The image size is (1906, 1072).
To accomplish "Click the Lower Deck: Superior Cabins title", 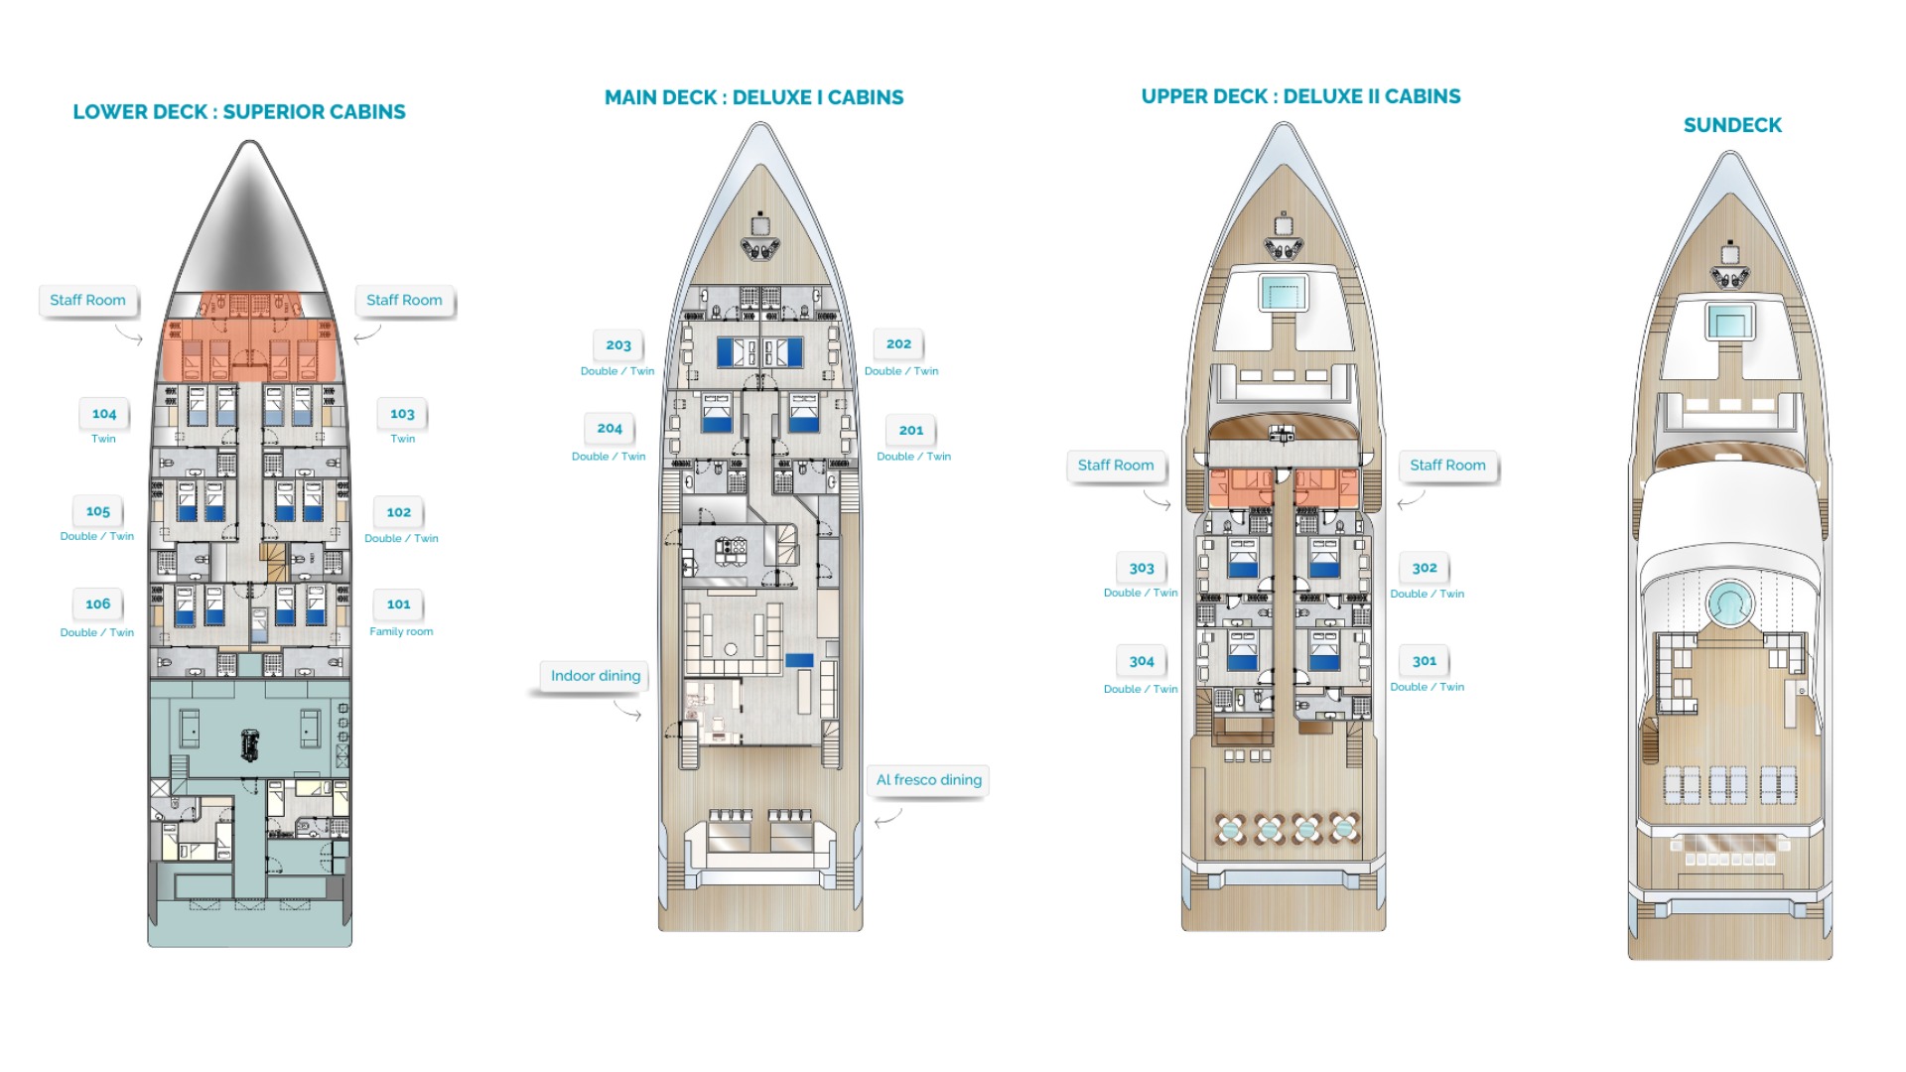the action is [x=239, y=112].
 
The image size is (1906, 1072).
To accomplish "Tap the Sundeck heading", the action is [x=1732, y=125].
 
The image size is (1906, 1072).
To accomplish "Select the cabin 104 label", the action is [x=104, y=414].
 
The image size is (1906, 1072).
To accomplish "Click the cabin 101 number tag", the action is [x=398, y=604].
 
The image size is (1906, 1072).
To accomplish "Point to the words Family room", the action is [x=401, y=631].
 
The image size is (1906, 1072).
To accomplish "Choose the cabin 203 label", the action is [x=618, y=345].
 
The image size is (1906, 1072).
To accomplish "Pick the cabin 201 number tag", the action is [x=911, y=431].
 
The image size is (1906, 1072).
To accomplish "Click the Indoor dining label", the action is [x=596, y=676].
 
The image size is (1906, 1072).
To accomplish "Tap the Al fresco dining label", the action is [x=929, y=780].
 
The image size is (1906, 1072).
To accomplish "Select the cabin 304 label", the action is [x=1142, y=661].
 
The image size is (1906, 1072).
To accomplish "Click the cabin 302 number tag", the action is [x=1425, y=569].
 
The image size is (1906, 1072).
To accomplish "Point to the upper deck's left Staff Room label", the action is [x=1116, y=466].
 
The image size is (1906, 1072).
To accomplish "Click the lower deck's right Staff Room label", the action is [x=404, y=300].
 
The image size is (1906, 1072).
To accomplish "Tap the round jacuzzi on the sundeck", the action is [x=1730, y=603].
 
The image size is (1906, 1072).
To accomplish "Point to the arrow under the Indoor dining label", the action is [x=627, y=711].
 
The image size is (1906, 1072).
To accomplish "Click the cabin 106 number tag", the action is [x=97, y=604].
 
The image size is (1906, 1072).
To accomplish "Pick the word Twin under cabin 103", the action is [x=403, y=439].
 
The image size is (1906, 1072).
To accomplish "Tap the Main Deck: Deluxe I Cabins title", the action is [x=754, y=97].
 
